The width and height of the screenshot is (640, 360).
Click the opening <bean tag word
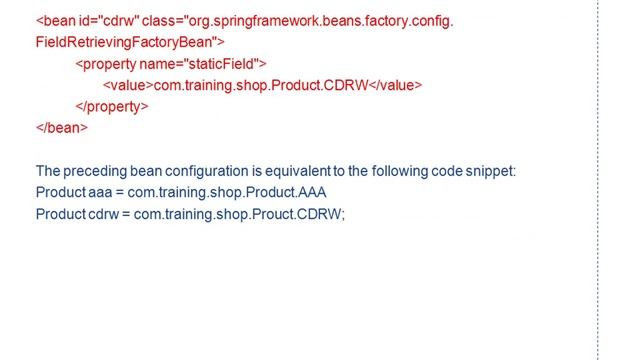(x=55, y=21)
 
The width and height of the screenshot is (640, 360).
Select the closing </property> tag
(x=112, y=106)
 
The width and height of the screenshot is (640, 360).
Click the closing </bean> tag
(x=62, y=127)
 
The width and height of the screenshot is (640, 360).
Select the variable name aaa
(x=102, y=192)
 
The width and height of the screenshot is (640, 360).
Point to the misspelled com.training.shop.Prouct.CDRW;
(x=240, y=214)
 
